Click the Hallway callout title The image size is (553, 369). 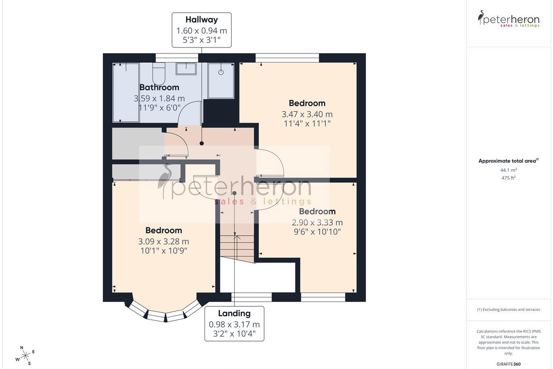click(201, 19)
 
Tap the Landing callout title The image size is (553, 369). click(234, 313)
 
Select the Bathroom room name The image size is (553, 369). click(159, 87)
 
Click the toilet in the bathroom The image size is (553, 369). click(159, 74)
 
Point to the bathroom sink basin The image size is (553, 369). click(186, 68)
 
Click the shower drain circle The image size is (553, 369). click(221, 72)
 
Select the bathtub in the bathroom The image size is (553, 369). click(126, 92)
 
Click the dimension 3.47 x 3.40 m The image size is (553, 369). click(307, 114)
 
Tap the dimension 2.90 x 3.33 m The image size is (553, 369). click(317, 222)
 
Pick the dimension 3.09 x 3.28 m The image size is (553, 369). click(164, 241)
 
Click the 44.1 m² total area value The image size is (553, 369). click(508, 170)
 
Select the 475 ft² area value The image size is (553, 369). click(508, 178)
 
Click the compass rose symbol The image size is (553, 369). click(25, 356)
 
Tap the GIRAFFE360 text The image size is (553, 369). click(508, 364)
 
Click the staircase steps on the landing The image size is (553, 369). click(237, 249)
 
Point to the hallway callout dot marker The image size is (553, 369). click(202, 143)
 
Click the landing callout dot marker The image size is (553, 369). click(234, 193)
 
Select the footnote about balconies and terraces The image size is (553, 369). click(508, 309)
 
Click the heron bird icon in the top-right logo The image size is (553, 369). click(481, 18)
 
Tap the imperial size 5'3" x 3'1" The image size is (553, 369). click(201, 40)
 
